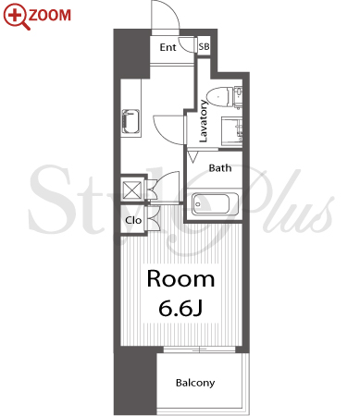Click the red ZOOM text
(x=50, y=15)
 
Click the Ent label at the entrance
(x=168, y=47)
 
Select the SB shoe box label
(x=204, y=46)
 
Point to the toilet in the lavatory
(x=219, y=97)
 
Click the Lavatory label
(x=203, y=121)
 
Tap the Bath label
(x=220, y=168)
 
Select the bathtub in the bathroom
(x=215, y=204)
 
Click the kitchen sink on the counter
(x=130, y=121)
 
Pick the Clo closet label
(x=133, y=220)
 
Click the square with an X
(x=132, y=190)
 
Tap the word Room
(x=180, y=279)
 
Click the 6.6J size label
(x=180, y=308)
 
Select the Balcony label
(x=195, y=383)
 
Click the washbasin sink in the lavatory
(x=232, y=130)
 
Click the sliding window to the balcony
(x=200, y=349)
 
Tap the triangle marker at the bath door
(x=192, y=156)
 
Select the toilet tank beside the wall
(x=238, y=97)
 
